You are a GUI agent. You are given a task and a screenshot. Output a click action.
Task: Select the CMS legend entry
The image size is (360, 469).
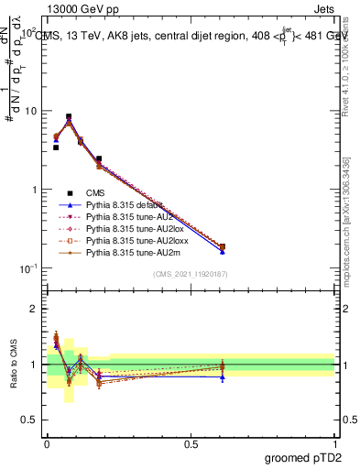pyautogui.click(x=95, y=192)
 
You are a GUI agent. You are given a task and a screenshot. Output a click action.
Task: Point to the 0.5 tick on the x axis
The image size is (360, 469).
pyautogui.click(x=191, y=442)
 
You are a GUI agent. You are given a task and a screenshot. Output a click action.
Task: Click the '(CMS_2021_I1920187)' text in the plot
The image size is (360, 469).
pyautogui.click(x=191, y=274)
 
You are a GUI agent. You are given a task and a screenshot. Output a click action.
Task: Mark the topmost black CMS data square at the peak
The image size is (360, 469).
pyautogui.click(x=69, y=117)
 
